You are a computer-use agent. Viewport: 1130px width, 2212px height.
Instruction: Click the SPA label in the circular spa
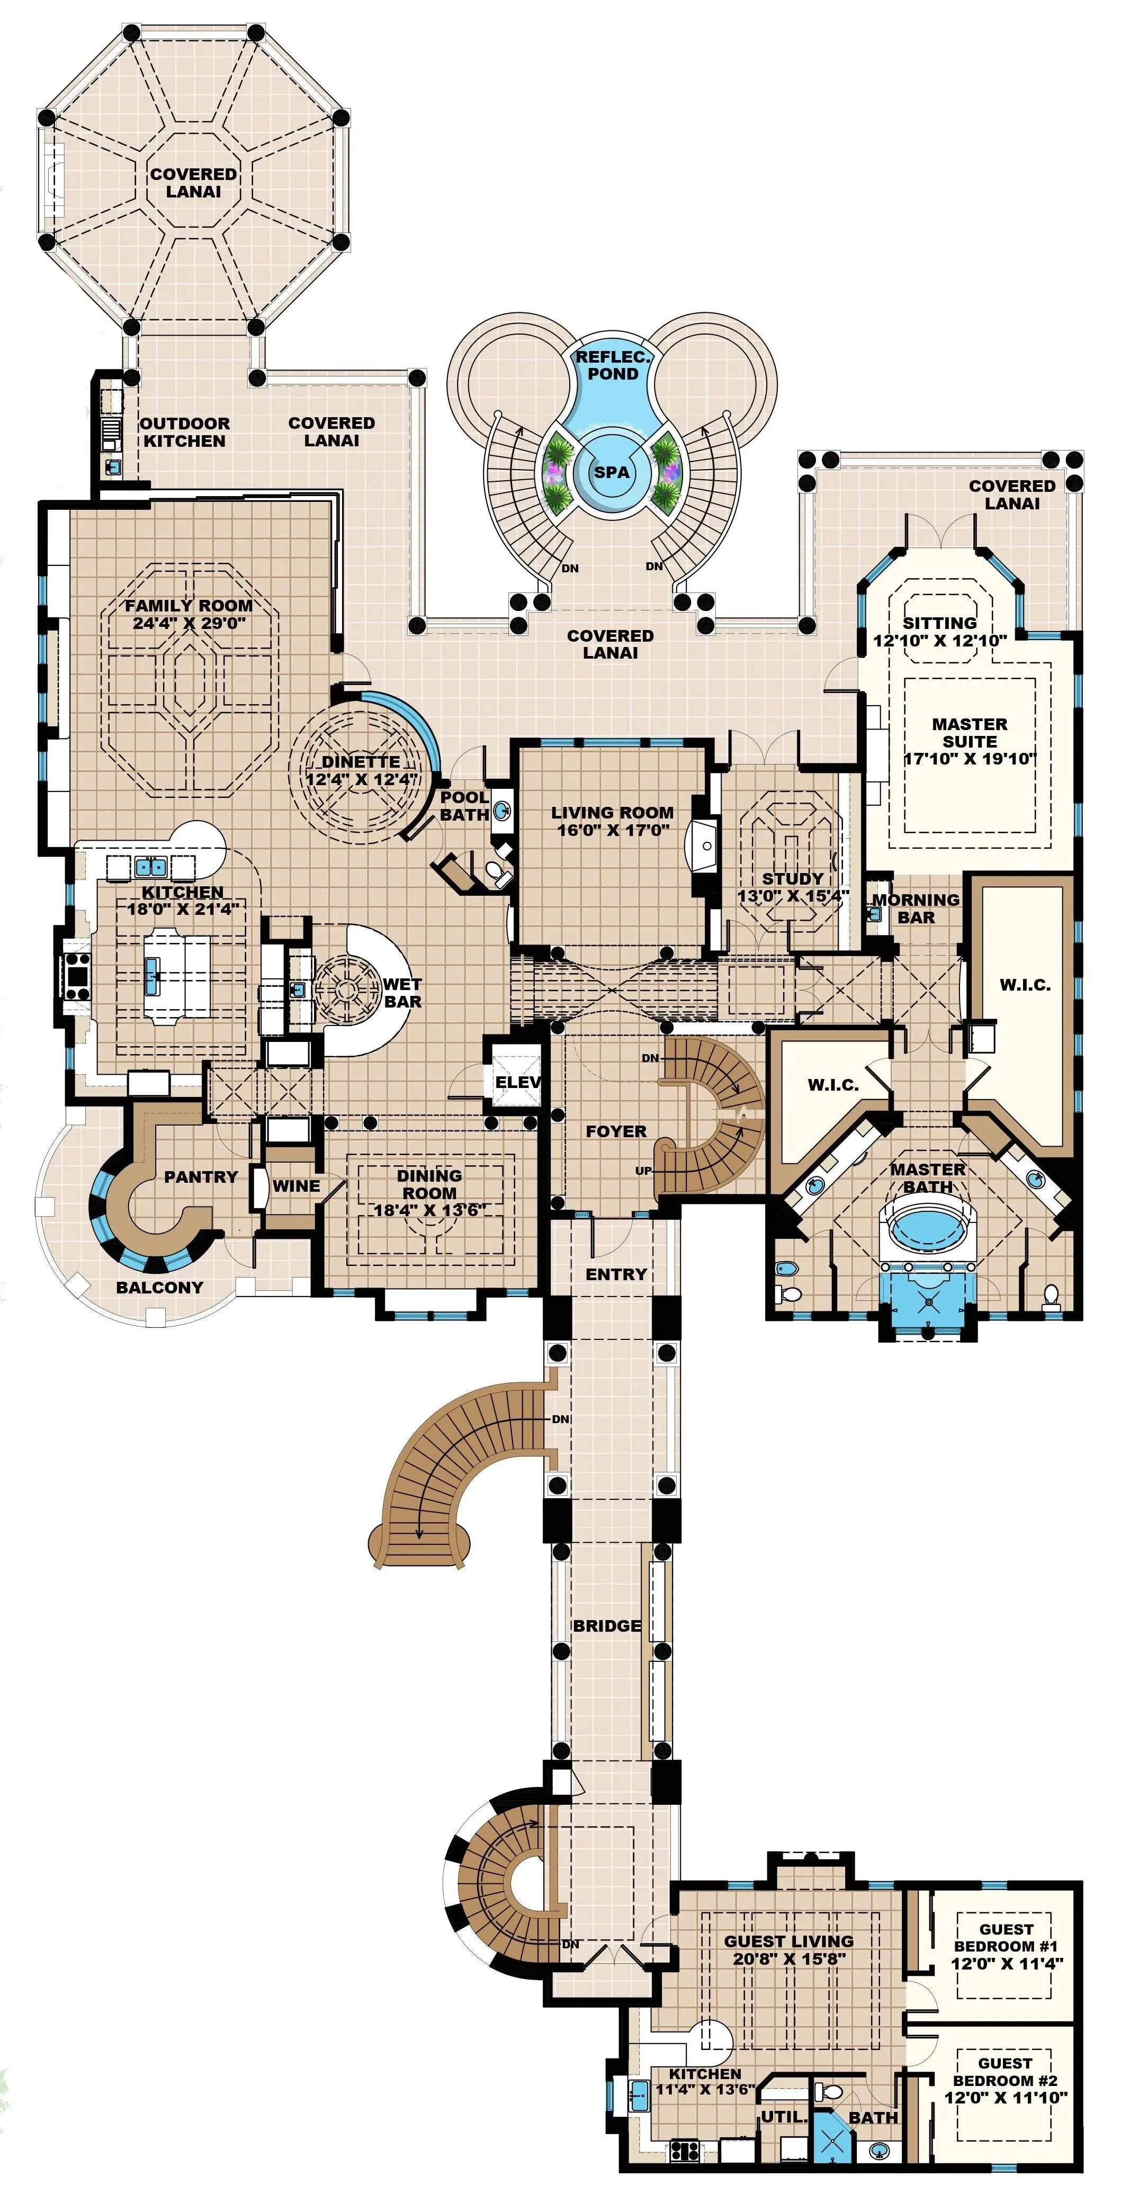(x=612, y=471)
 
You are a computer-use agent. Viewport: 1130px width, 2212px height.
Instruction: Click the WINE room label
(x=296, y=1186)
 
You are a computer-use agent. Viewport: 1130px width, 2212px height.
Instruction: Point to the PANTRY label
(x=201, y=1176)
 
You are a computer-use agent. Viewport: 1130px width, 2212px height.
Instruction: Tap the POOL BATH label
(x=464, y=805)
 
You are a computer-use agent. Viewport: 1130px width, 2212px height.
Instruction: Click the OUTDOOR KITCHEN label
(x=185, y=432)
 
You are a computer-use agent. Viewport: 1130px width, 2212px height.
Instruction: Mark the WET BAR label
(x=402, y=993)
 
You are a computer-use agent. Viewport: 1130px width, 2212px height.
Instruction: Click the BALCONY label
(x=160, y=1287)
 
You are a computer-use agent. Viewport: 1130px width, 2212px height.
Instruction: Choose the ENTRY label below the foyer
(x=616, y=1274)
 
